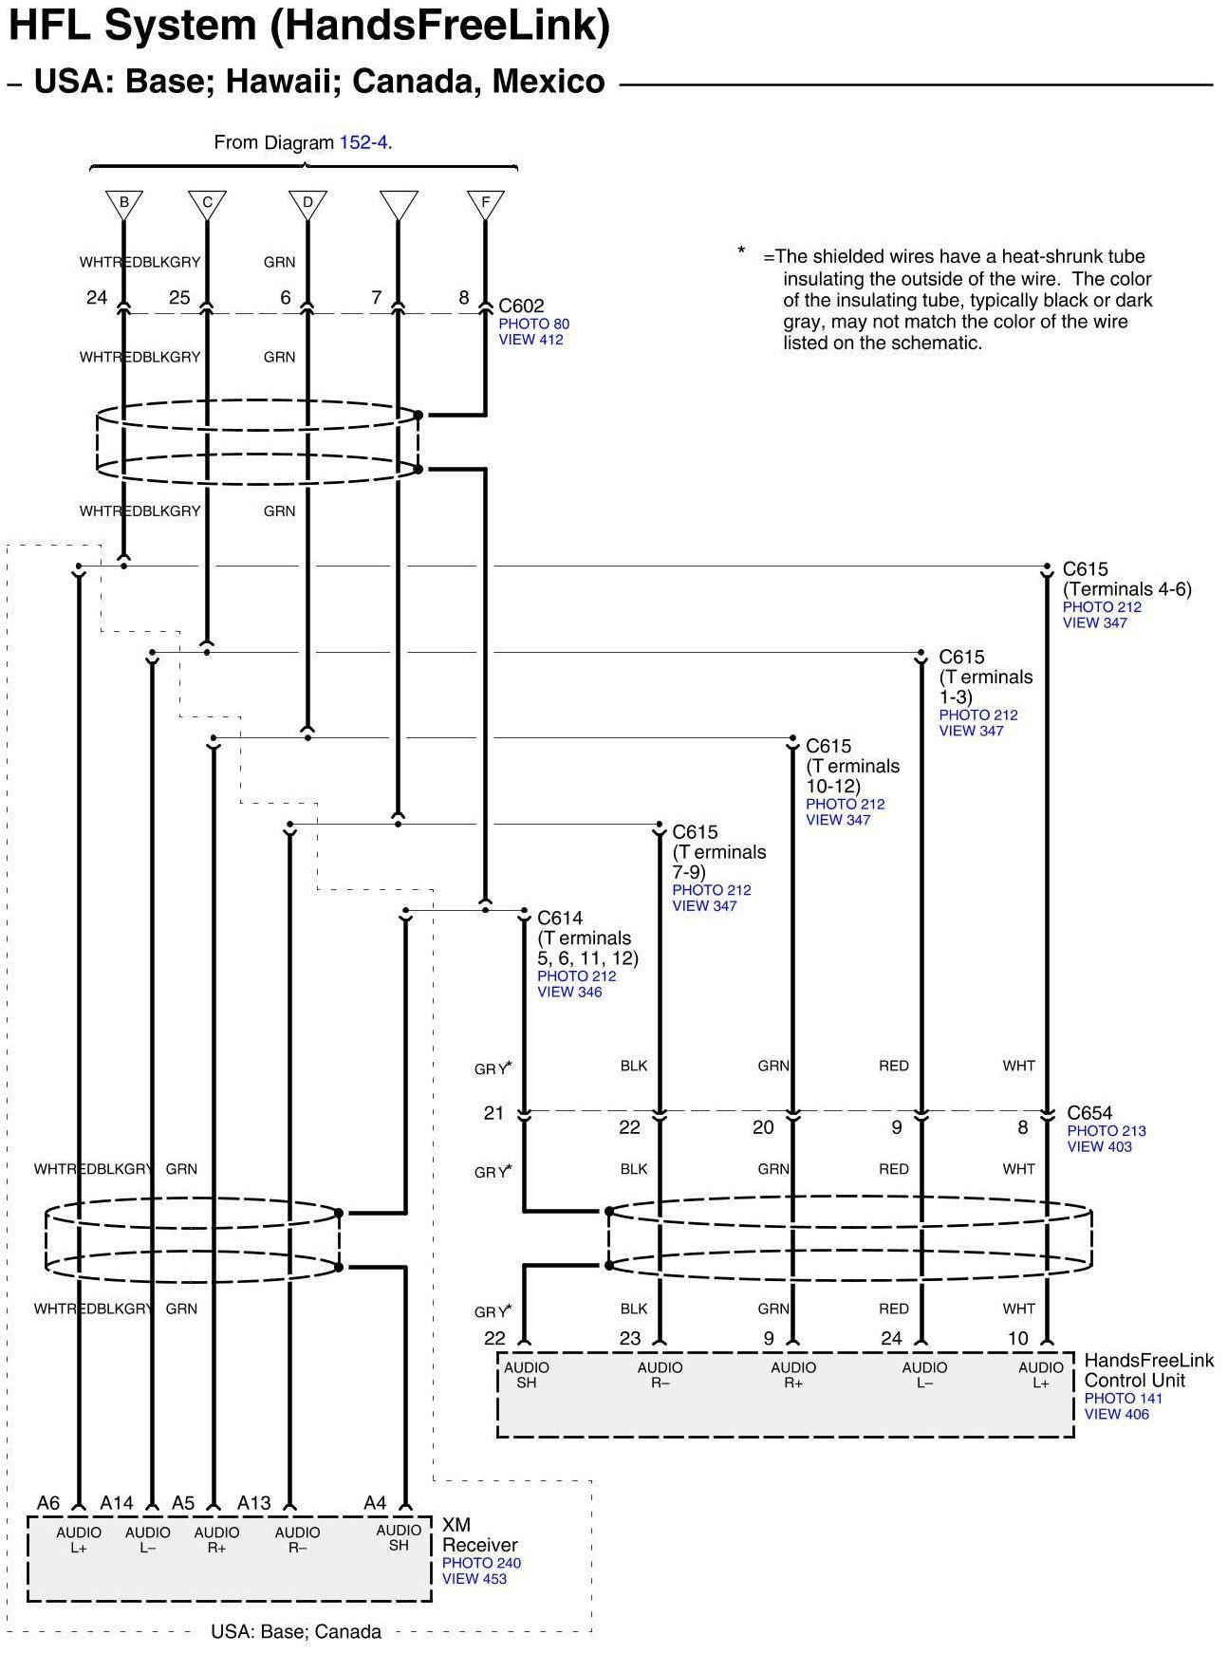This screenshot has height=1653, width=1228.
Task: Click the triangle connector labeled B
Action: click(123, 203)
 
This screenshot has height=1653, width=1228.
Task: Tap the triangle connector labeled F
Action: click(485, 203)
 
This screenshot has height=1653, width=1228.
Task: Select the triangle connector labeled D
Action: click(307, 203)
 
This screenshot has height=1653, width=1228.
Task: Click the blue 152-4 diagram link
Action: click(365, 143)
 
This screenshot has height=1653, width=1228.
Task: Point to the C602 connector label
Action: click(522, 306)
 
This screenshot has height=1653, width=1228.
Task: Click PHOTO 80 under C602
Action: click(534, 324)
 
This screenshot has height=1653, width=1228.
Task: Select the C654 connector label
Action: click(1089, 1113)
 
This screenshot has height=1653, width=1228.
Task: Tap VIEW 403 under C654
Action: click(1099, 1147)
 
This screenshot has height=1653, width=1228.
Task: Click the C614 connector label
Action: click(560, 918)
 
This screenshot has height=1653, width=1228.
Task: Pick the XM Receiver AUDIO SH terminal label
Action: click(399, 1537)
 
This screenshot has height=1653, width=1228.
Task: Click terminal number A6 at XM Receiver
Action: click(48, 1503)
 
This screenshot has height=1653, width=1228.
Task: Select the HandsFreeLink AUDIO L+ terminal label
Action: click(1041, 1375)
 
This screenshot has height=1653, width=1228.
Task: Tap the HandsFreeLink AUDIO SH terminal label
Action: click(527, 1375)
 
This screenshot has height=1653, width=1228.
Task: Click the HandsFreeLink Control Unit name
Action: click(1148, 1370)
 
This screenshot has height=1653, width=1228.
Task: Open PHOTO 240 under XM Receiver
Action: click(481, 1563)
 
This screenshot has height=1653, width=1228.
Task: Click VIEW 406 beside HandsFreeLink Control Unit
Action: click(1116, 1414)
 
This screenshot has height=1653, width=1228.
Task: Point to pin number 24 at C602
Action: click(97, 298)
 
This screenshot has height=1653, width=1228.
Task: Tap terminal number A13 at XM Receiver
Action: click(254, 1503)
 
